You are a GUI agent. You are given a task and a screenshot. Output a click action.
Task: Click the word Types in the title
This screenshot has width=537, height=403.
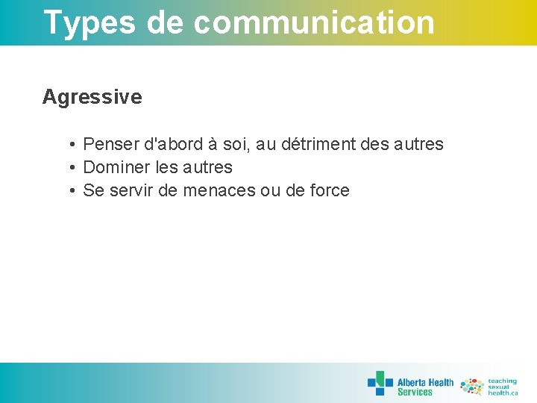[x=89, y=22]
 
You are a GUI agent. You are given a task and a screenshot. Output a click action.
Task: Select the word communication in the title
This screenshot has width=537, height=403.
[x=314, y=22]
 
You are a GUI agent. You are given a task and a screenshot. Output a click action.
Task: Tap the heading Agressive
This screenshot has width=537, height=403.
[x=92, y=97]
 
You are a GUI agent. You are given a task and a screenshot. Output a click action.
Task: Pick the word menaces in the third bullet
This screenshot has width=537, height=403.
[x=218, y=190]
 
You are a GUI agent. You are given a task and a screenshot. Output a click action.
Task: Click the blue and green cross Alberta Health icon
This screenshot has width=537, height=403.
[x=380, y=383]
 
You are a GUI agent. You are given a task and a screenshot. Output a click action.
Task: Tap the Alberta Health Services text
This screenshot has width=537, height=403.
[x=425, y=387]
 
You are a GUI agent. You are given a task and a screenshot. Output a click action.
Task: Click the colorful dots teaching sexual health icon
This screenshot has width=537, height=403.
[x=472, y=386]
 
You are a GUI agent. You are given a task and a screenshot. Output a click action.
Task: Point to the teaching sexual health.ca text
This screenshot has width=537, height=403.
[x=503, y=387]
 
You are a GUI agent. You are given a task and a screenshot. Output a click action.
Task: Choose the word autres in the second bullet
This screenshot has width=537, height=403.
[x=208, y=167]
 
